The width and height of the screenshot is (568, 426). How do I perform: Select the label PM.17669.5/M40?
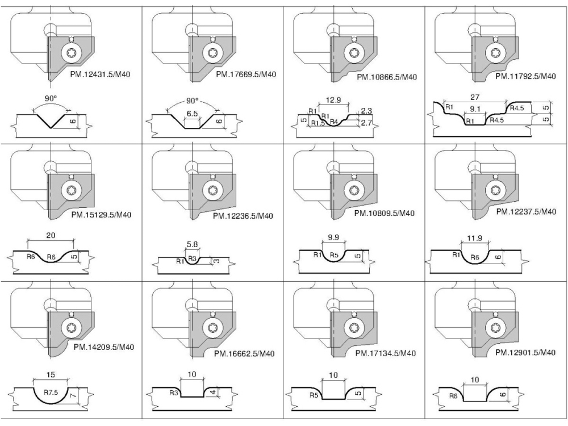[x=245, y=75]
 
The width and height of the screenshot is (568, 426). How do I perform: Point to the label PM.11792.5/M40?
[x=525, y=76]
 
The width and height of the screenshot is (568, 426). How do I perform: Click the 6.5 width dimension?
[x=193, y=114]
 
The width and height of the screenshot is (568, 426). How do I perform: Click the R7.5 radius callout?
[x=50, y=392]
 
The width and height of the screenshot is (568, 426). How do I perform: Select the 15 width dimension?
[x=50, y=375]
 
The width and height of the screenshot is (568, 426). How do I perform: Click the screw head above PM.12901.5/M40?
[x=494, y=328]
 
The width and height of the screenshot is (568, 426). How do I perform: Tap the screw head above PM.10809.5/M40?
[x=353, y=190]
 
